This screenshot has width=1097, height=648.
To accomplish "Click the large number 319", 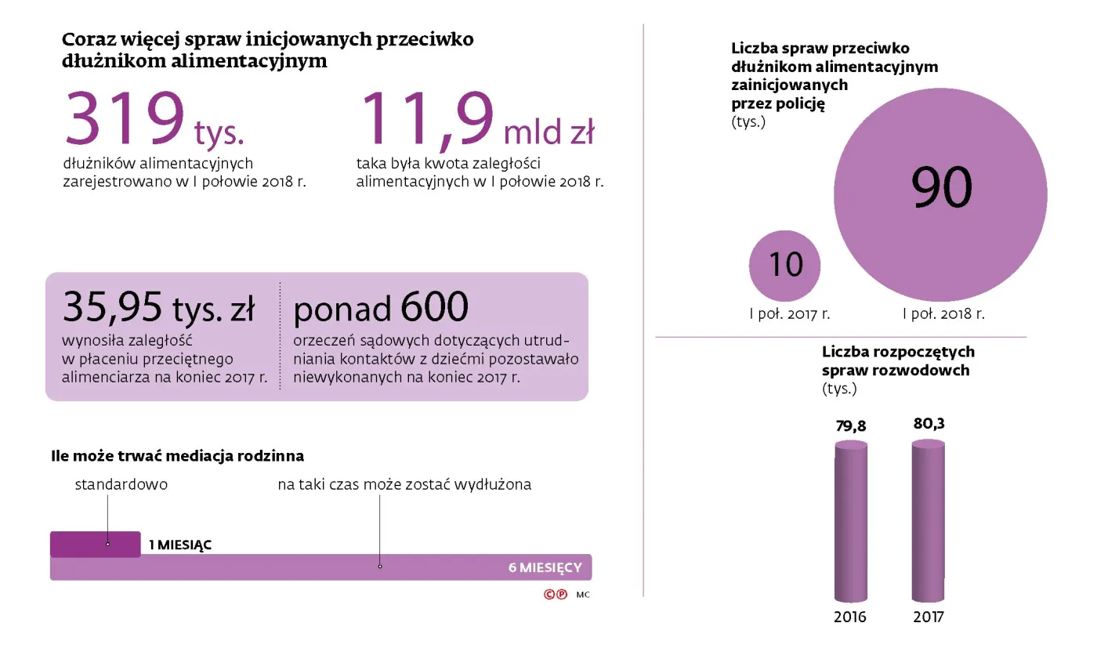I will (x=125, y=119).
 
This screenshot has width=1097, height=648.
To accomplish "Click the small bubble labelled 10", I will (x=785, y=266).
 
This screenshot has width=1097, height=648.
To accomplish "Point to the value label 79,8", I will (x=850, y=426).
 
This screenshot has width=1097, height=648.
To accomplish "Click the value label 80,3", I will (x=929, y=423).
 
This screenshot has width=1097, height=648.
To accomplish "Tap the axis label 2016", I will (x=850, y=617).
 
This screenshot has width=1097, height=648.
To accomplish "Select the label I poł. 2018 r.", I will (x=943, y=314).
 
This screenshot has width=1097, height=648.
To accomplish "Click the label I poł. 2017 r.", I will (x=789, y=314).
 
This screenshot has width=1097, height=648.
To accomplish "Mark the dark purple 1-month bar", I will (x=95, y=544).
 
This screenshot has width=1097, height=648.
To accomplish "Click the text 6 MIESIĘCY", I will (x=545, y=567).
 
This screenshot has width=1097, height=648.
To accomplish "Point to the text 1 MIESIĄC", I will (x=180, y=545).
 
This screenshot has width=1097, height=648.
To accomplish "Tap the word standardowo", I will (x=121, y=484).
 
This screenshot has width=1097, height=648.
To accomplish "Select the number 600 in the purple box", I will (x=434, y=307).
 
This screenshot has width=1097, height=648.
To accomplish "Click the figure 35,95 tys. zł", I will (x=158, y=307).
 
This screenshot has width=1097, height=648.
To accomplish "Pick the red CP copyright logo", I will (x=555, y=595).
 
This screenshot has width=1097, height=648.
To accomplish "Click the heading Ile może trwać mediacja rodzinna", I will (x=177, y=455).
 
